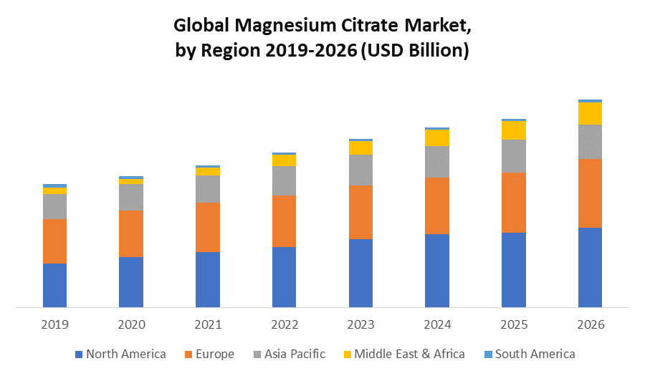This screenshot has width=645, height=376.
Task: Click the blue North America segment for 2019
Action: [x=54, y=285]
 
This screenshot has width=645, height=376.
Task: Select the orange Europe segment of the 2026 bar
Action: [x=590, y=193]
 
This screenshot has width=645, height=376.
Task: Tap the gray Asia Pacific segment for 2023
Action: [x=360, y=170]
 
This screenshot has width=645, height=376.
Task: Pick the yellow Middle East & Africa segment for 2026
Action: [x=590, y=113]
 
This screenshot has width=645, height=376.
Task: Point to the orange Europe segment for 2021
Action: [x=208, y=227]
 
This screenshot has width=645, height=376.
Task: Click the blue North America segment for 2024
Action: [x=437, y=271]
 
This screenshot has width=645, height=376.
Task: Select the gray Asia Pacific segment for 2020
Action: [x=131, y=197]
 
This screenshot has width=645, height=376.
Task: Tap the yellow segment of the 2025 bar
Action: [x=514, y=130]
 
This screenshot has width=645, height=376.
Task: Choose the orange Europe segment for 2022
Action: [x=284, y=221]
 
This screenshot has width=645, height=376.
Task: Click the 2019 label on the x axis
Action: [x=54, y=324]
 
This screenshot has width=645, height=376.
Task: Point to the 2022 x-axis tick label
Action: [x=284, y=324]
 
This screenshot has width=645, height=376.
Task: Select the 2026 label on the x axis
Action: [x=590, y=324]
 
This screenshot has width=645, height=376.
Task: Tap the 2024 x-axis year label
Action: [x=437, y=324]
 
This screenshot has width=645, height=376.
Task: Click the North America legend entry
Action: [x=120, y=354]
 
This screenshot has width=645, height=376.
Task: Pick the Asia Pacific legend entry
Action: [x=288, y=354]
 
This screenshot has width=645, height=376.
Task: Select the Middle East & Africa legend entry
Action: [x=403, y=354]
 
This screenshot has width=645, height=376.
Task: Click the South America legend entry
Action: [x=529, y=354]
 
